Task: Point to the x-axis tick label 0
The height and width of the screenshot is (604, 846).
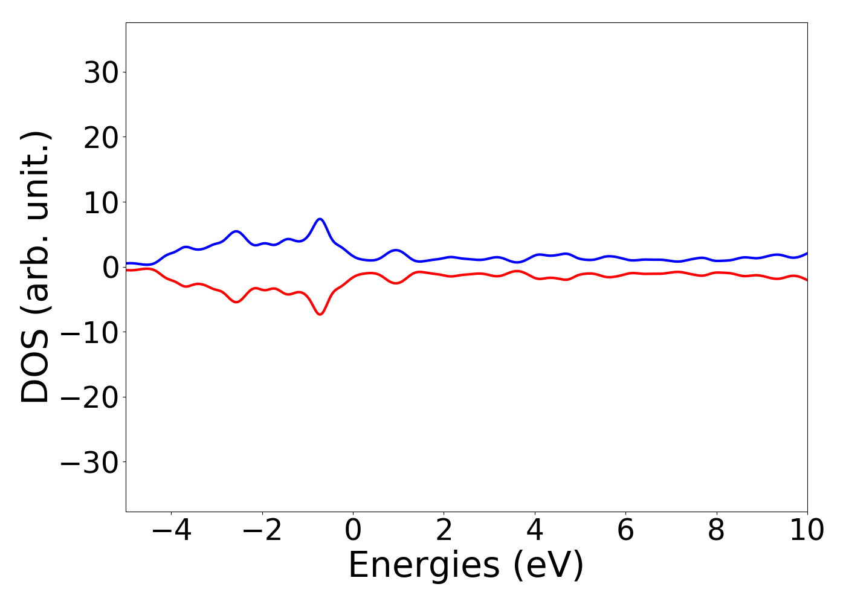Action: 353,531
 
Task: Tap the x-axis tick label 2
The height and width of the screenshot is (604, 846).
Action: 444,531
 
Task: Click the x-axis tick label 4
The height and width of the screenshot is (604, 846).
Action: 535,531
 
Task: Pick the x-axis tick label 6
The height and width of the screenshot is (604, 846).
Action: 625,531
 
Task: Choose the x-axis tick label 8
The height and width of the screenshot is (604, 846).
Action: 716,531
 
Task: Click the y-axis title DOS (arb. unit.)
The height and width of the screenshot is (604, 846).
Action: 36,267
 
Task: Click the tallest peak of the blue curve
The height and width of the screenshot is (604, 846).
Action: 320,219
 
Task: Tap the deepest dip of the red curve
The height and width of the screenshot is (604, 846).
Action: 320,314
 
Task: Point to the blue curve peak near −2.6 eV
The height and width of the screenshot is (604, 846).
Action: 236,231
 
